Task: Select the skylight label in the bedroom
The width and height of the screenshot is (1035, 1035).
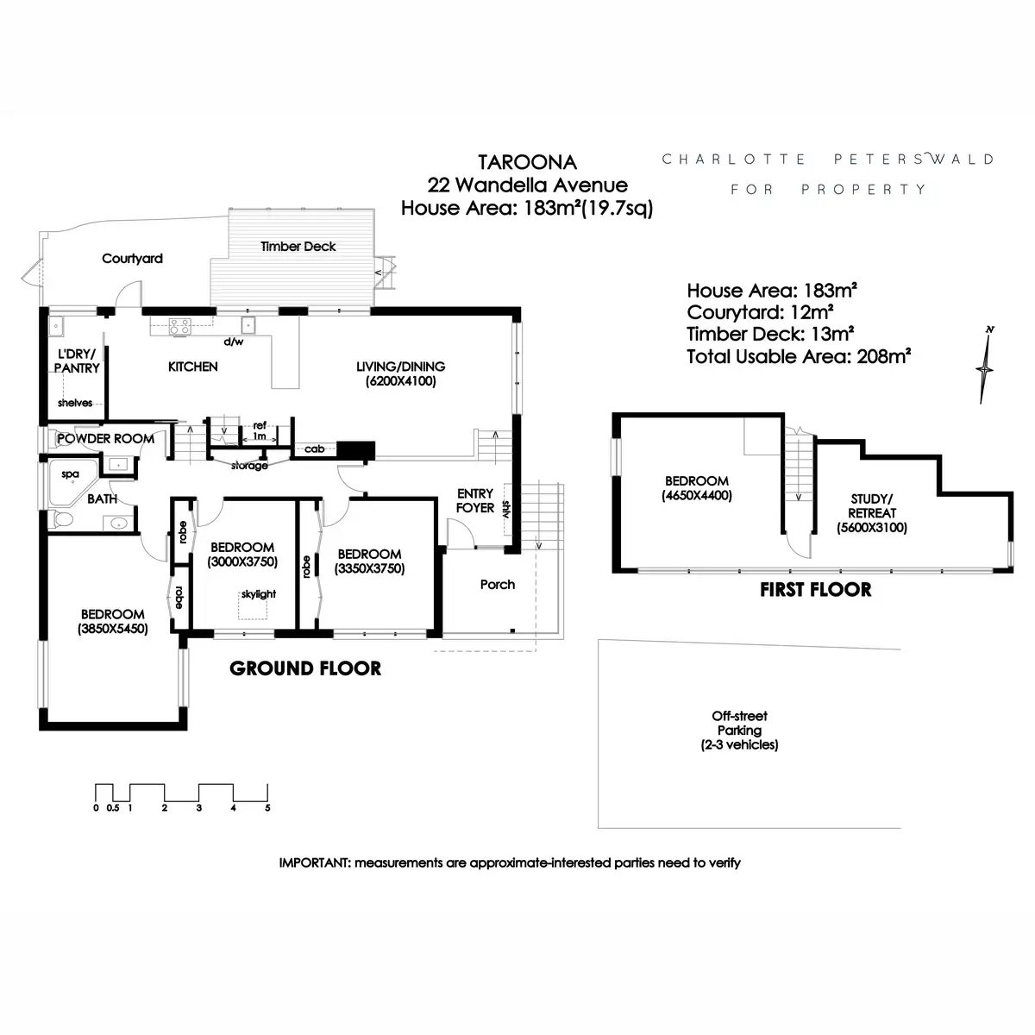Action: coord(259,594)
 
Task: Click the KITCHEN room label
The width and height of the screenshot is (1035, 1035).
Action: coord(193,367)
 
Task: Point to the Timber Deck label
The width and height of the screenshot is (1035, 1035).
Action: coord(298,247)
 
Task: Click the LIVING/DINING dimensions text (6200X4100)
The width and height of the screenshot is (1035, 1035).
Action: coord(401,381)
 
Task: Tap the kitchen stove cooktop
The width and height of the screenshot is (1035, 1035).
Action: coord(180,327)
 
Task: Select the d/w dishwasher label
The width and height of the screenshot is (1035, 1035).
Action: coord(234,342)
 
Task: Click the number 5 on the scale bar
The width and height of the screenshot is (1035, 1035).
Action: coord(267,808)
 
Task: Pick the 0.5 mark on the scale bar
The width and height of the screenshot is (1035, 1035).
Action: coord(113,808)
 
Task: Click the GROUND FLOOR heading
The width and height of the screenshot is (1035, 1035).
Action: coord(305,668)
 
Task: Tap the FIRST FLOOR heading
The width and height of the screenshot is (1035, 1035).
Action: coord(815,590)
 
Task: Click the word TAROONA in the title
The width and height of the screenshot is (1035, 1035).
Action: coord(528,162)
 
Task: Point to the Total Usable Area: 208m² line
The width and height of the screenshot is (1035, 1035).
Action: coord(799,356)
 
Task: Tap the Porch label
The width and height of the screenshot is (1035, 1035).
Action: coord(498,585)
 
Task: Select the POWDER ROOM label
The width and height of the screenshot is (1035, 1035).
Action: coord(106,439)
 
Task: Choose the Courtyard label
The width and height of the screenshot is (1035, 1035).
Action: coord(132,259)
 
